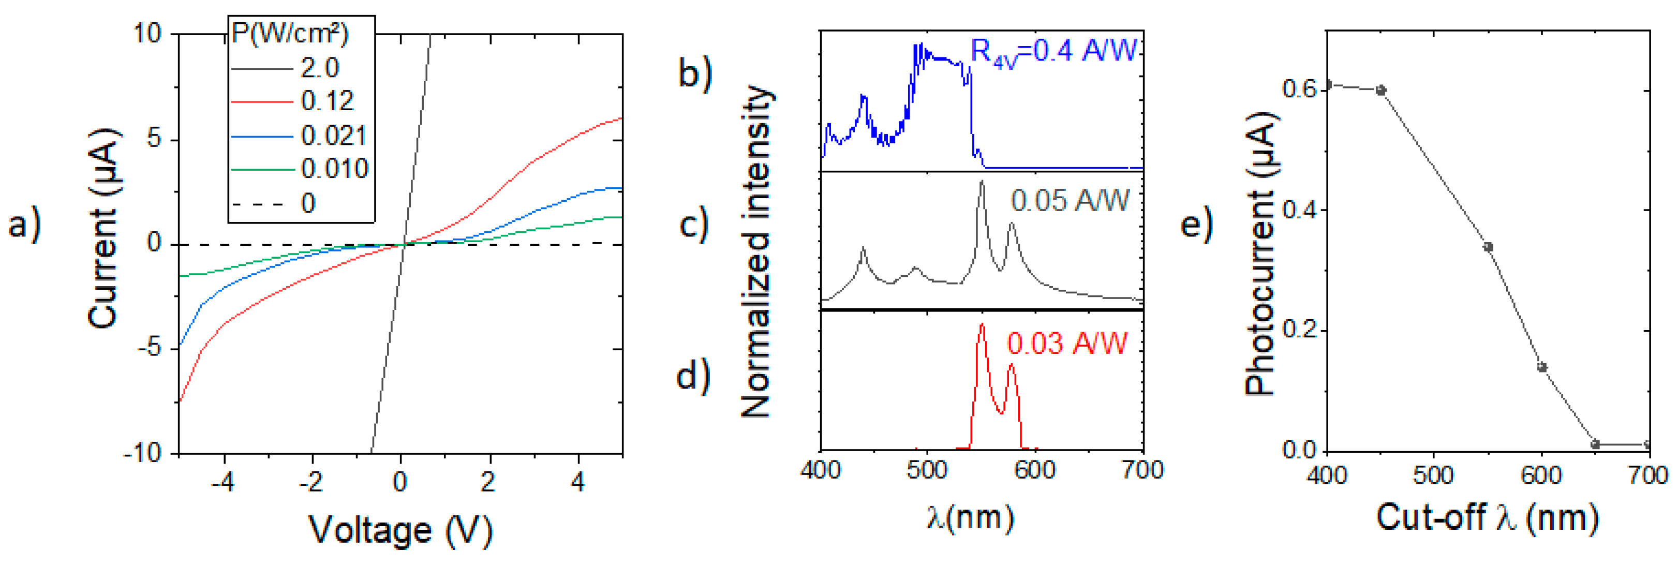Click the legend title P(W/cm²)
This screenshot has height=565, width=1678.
290,33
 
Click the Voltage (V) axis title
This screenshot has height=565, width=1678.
400,529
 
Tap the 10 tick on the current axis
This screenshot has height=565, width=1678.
147,33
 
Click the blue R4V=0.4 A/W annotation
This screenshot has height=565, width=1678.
1053,51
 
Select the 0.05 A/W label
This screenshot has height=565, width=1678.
1070,200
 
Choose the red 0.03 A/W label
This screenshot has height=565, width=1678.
1066,344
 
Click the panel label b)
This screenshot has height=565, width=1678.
695,72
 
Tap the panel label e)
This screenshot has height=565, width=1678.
1197,224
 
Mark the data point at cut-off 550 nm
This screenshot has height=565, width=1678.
1488,247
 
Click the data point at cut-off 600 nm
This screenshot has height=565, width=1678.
1542,367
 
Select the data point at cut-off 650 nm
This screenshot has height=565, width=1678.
1595,444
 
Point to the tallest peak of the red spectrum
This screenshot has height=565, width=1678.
982,326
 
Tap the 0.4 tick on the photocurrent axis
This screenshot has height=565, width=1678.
1296,210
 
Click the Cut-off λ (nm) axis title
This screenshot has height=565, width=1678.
1487,518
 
